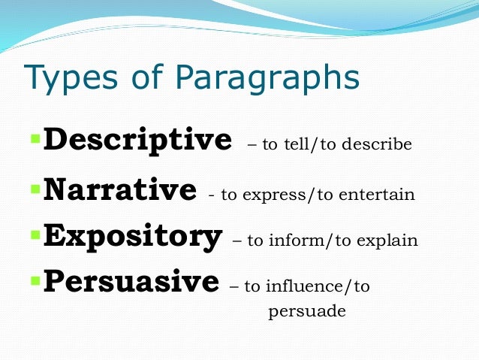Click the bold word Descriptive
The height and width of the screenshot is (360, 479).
[x=137, y=141]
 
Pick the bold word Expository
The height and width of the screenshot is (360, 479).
[x=133, y=236]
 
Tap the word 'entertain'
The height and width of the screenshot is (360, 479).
[x=380, y=195]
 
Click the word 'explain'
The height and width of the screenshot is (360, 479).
[x=388, y=241]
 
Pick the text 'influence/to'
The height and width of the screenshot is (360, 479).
[x=327, y=287]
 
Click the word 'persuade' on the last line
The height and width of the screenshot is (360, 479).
[x=306, y=310]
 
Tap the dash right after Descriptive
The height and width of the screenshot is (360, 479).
[x=251, y=144]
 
